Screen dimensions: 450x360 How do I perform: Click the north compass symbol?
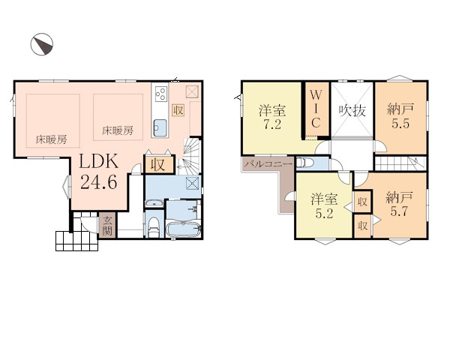(42, 44)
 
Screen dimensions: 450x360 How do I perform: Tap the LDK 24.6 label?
(98, 172)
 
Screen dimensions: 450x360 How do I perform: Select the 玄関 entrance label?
(107, 226)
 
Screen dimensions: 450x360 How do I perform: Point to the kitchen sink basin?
(160, 127)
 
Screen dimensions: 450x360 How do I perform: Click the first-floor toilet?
(154, 227)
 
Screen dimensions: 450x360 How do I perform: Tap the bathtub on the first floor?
(183, 229)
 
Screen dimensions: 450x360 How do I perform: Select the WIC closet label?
(316, 109)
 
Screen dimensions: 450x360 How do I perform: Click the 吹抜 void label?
(352, 110)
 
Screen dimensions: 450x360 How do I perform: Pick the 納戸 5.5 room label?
(400, 116)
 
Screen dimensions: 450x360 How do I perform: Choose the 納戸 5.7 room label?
(399, 204)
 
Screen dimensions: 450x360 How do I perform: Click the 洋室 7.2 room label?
(272, 117)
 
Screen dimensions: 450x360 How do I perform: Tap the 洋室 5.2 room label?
(324, 205)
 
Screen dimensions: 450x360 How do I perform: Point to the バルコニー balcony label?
(268, 164)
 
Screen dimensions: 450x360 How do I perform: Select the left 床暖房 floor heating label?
(51, 139)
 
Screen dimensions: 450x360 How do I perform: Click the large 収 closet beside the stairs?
(159, 164)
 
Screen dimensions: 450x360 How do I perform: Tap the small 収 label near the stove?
(178, 110)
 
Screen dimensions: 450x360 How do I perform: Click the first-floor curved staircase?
(190, 156)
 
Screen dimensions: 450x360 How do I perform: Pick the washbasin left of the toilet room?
(154, 203)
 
